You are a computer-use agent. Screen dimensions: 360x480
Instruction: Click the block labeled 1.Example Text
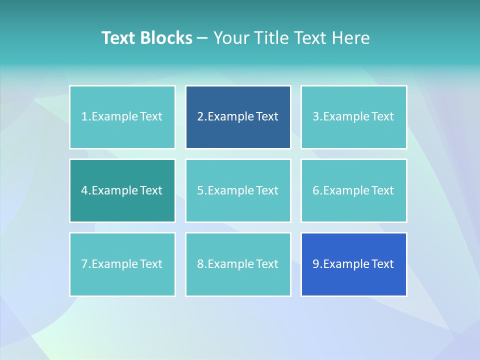(122, 117)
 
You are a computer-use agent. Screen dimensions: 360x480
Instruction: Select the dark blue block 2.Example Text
(238, 117)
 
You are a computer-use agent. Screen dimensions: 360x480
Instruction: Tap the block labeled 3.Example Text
(353, 117)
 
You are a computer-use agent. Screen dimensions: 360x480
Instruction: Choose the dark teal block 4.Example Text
(122, 190)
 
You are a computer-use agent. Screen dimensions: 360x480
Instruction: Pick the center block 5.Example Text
(238, 190)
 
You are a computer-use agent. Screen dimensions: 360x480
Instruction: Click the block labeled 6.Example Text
(353, 190)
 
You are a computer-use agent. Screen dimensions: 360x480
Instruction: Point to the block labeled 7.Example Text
(122, 264)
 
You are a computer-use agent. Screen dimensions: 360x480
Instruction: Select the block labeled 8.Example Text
(238, 264)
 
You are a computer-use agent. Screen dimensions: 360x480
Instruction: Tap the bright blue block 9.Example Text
(353, 264)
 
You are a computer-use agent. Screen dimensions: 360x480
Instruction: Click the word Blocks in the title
(166, 38)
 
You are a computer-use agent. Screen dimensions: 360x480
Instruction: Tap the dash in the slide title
(202, 38)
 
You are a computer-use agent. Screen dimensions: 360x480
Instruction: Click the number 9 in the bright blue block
(316, 264)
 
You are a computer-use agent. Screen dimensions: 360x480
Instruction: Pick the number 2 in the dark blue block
(200, 117)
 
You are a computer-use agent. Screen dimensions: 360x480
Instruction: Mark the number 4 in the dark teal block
(84, 190)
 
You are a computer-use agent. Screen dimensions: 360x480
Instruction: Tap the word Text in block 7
(151, 264)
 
